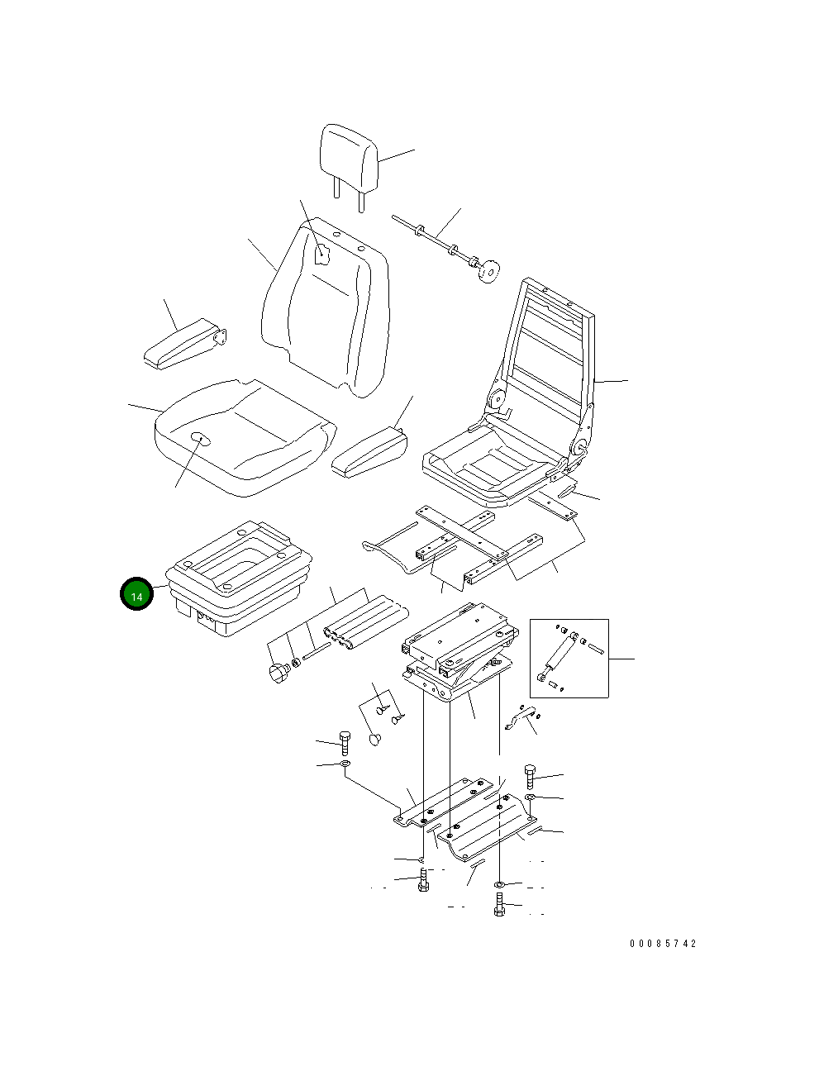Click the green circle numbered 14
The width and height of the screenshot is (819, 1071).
pos(136,595)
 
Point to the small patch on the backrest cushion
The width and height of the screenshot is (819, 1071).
pos(323,254)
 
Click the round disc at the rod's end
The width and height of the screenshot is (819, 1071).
pos(490,270)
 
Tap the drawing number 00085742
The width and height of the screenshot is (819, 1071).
pos(662,943)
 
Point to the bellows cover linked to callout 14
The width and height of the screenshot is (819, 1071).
pos(240,583)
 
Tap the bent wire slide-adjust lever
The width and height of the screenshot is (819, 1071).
pos(397,549)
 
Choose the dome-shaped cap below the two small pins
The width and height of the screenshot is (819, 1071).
pos(376,738)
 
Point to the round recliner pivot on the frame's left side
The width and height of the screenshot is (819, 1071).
pos(498,402)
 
